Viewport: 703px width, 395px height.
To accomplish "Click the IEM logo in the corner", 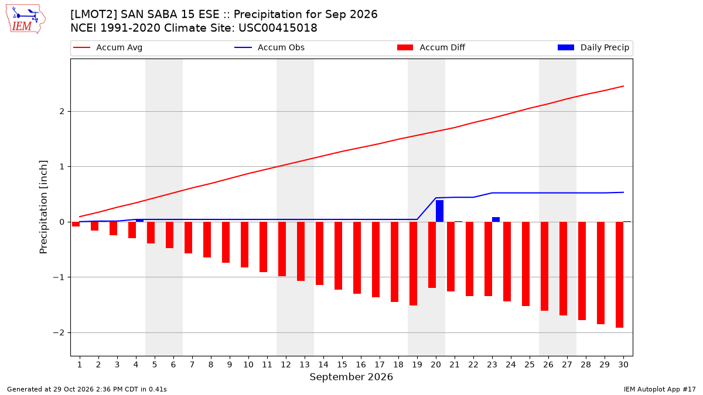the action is click(x=26, y=19).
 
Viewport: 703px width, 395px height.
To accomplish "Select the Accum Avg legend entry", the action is click(x=108, y=47).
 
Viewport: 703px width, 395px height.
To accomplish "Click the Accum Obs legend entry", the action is click(x=269, y=47).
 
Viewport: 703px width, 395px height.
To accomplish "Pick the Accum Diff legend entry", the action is click(x=431, y=47).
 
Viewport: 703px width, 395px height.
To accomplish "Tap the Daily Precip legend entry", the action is click(x=593, y=47).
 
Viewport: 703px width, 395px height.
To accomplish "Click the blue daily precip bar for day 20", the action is click(x=439, y=211).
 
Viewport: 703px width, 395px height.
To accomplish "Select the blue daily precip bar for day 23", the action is click(x=496, y=219).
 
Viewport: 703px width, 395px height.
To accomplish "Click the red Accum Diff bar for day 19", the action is click(x=414, y=264).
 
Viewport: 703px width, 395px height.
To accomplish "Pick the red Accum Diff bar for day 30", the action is click(x=620, y=274).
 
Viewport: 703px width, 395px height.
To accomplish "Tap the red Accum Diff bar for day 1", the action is click(x=76, y=224).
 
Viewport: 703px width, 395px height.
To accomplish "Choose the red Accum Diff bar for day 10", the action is click(x=244, y=245).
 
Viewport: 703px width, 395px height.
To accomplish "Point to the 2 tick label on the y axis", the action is click(x=62, y=112).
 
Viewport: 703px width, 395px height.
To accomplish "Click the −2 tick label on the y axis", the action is click(x=59, y=332).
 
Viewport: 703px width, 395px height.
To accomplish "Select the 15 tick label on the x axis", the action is click(x=342, y=365).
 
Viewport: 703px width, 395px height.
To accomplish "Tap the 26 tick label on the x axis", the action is click(x=548, y=365).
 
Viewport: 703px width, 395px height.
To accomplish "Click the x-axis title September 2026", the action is click(x=351, y=377).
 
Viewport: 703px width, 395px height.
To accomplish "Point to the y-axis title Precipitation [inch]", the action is click(x=43, y=207).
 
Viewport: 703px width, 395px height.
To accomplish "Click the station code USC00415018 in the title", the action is click(x=278, y=28).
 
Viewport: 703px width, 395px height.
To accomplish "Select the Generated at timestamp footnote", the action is click(x=87, y=389).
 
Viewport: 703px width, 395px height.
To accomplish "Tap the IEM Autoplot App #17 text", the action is click(x=660, y=389).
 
